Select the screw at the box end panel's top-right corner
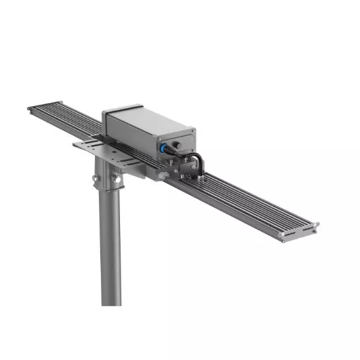click(x=193, y=132)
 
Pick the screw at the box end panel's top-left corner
click(x=158, y=140)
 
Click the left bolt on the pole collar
click(x=97, y=179)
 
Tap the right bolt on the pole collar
click(x=116, y=177)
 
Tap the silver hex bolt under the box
click(x=162, y=175)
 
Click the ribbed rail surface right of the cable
click(x=251, y=201)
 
